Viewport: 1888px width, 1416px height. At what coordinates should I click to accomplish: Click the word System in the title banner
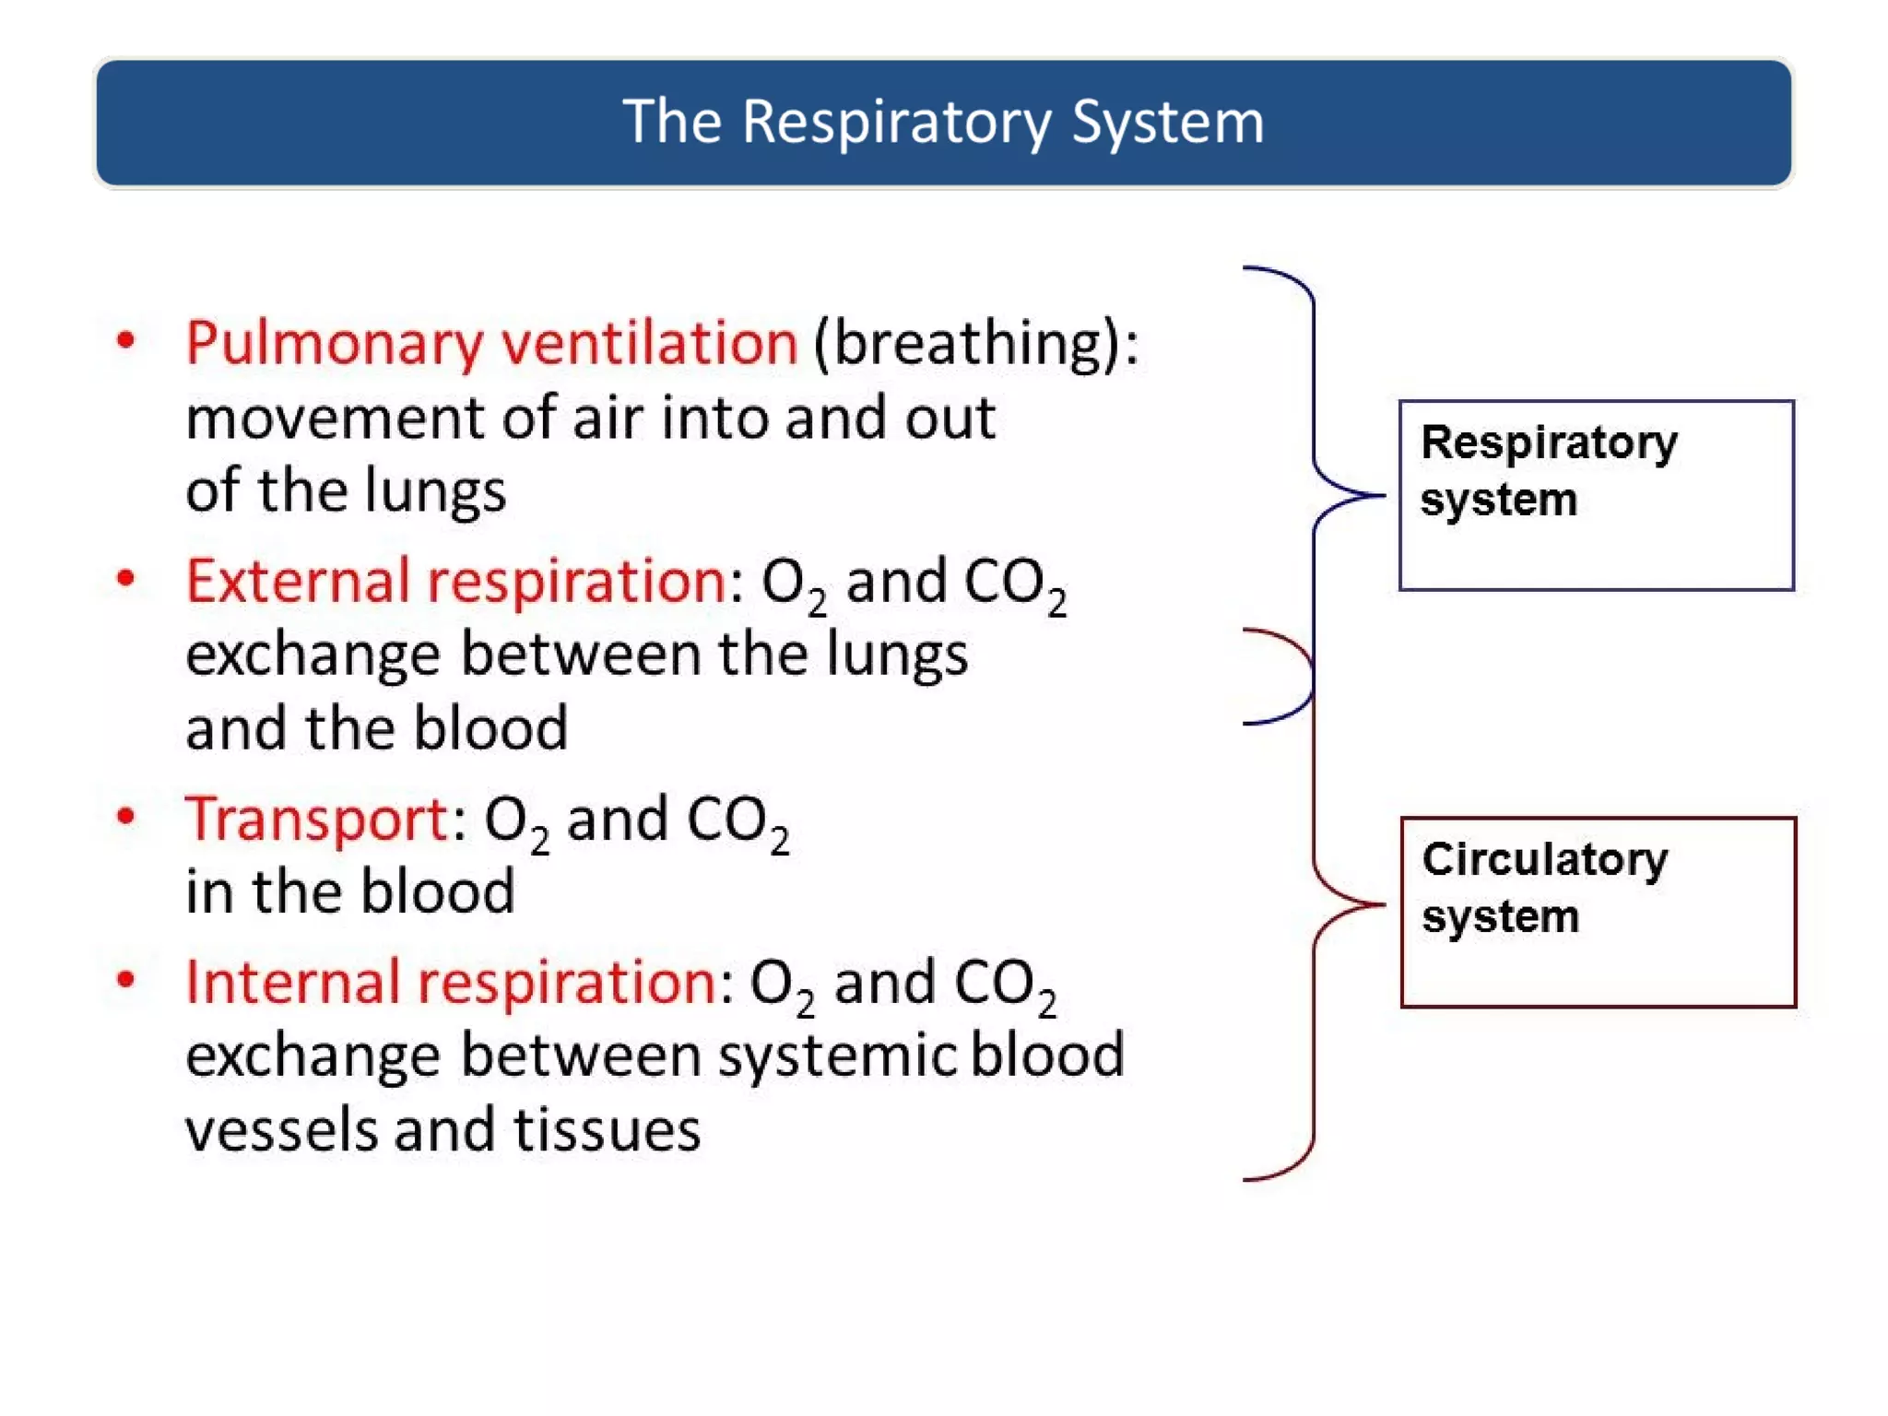[1167, 123]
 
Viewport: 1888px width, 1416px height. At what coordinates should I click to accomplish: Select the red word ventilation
[649, 343]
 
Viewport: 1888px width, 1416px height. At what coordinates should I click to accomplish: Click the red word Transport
[316, 819]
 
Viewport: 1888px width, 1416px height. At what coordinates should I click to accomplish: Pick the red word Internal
[290, 982]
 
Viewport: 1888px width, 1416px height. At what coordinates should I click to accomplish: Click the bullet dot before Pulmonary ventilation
[126, 340]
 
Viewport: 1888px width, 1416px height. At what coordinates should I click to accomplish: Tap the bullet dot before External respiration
[126, 578]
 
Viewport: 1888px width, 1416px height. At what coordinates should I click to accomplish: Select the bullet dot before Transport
[126, 816]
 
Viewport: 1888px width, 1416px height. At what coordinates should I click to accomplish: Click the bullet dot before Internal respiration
[126, 979]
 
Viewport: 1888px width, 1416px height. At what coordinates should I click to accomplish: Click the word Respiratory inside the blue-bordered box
[1549, 444]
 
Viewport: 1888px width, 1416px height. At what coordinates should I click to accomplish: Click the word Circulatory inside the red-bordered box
[1544, 860]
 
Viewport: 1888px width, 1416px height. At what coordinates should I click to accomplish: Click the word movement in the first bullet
[334, 418]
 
